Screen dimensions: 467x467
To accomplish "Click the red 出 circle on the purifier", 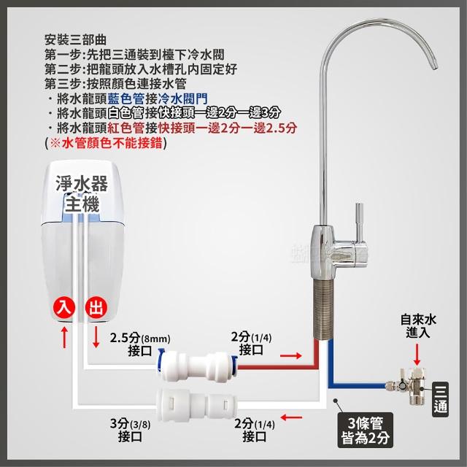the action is coord(96,308).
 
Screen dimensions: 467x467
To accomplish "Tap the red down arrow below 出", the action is coord(96,336).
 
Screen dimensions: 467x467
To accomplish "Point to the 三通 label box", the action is coord(440,399).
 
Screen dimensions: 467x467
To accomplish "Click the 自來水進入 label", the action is coord(418,326).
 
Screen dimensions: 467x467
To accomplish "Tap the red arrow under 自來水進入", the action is coord(417,355).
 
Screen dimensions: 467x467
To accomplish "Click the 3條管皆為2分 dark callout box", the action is coord(365,430).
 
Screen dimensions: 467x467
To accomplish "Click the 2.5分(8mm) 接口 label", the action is coord(140,344).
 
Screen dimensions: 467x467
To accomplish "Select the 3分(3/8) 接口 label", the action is coord(130,431).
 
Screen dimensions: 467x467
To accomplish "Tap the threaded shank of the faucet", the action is coord(323,309).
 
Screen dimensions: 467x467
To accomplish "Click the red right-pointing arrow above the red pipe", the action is coord(291,355).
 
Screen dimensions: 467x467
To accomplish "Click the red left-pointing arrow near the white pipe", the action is coord(291,417).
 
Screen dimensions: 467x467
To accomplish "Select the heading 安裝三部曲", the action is coord(75,39).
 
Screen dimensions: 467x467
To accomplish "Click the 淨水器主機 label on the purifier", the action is coord(82,193).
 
